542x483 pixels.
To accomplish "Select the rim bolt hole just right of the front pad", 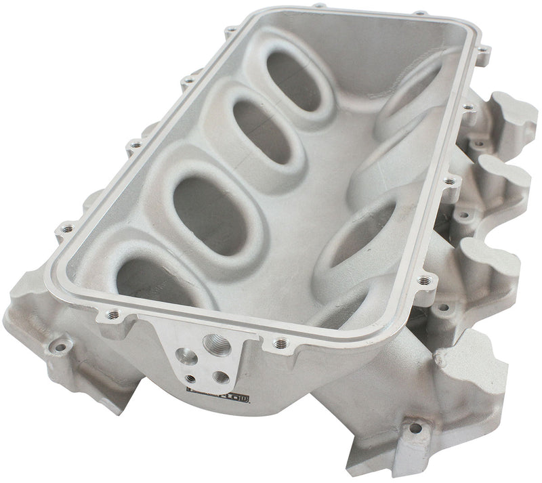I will (276, 344).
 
